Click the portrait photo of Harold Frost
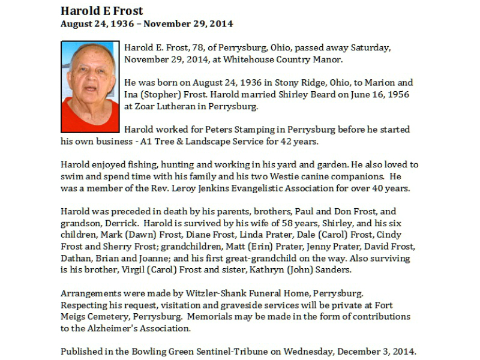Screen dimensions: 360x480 click(90, 87)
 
